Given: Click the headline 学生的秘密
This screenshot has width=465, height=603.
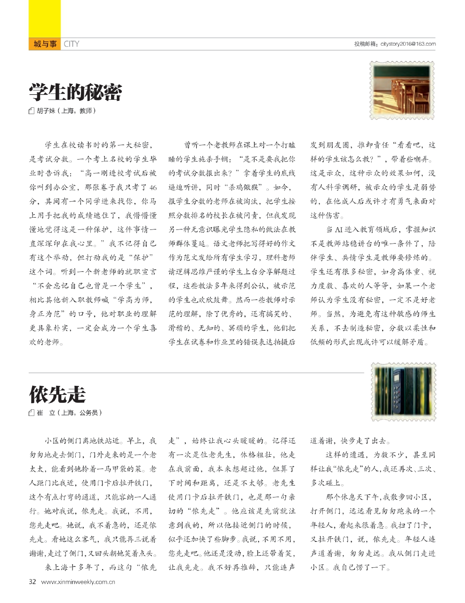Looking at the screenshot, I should click(75, 92).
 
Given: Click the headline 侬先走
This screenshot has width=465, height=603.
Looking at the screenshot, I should click(57, 394).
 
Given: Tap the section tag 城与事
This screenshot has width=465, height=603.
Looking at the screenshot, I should click(45, 44).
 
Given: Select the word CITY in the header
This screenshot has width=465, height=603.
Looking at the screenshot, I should click(72, 44).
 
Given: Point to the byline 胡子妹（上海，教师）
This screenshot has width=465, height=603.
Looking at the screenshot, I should click(66, 111).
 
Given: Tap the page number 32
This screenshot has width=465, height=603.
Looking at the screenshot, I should click(32, 581).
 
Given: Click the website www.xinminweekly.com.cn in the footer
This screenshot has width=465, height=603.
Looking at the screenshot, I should click(79, 582).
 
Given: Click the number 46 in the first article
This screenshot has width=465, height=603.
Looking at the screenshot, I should click(152, 188).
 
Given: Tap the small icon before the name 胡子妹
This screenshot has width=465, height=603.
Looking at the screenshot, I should click(32, 112).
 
